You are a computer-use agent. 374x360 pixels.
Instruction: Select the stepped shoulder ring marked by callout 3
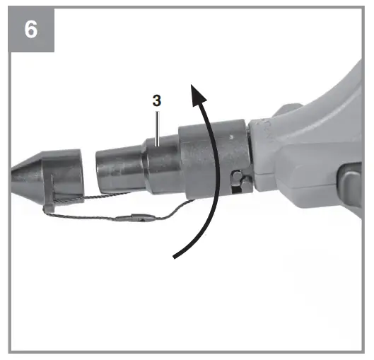161,164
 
